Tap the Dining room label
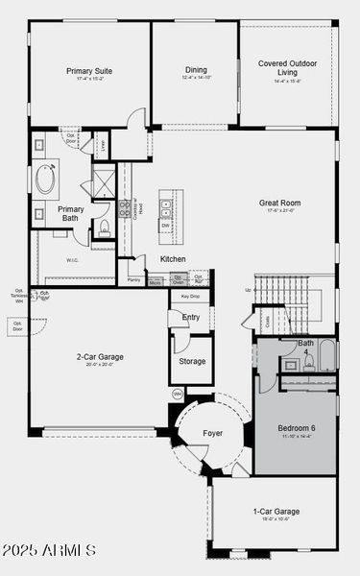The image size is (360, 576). point(196,69)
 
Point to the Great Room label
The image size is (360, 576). point(279,203)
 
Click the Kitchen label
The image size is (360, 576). point(173,259)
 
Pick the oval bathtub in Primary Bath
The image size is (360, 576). point(46,180)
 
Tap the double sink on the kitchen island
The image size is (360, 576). point(166,204)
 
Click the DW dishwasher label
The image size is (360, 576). point(166,227)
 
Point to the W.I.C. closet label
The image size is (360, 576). point(73,259)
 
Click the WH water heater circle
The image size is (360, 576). point(178,394)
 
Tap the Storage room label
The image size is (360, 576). point(192,361)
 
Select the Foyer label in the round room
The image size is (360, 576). point(212,433)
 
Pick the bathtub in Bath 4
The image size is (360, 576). point(327,355)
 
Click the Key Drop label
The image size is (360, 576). point(190,297)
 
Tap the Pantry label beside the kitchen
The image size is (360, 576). point(133,280)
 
